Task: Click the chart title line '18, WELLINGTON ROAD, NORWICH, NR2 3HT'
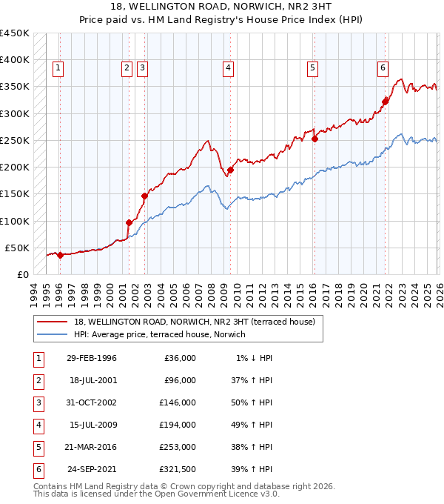point(222,6)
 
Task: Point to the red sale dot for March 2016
point(314,138)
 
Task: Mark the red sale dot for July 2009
point(230,170)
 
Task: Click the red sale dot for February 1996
point(60,255)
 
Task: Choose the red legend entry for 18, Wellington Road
point(194,322)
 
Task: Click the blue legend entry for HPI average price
point(164,334)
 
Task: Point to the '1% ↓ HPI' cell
point(254,358)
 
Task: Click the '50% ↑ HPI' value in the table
point(254,404)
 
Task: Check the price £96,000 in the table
point(178,381)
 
